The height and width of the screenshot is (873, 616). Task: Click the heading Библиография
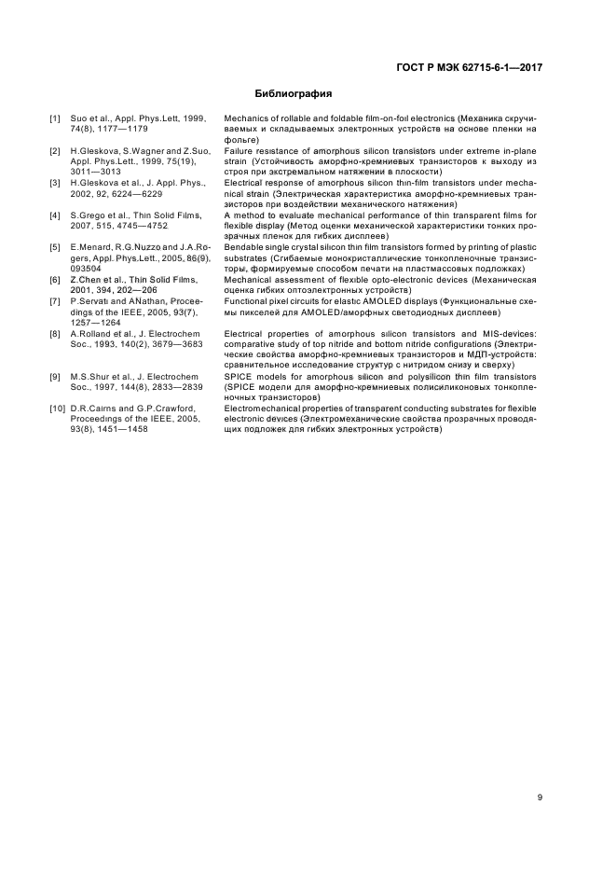pyautogui.click(x=294, y=94)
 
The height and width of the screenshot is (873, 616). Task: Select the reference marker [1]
pyautogui.click(x=55, y=120)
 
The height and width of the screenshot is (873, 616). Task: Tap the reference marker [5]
pyautogui.click(x=55, y=246)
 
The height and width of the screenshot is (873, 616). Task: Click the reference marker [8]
pyautogui.click(x=55, y=333)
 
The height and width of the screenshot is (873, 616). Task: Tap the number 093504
pyautogui.click(x=87, y=268)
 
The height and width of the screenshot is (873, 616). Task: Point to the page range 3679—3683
pyautogui.click(x=170, y=343)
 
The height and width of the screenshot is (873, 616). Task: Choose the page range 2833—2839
pyautogui.click(x=169, y=386)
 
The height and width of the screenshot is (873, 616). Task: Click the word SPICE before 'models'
pyautogui.click(x=239, y=376)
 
